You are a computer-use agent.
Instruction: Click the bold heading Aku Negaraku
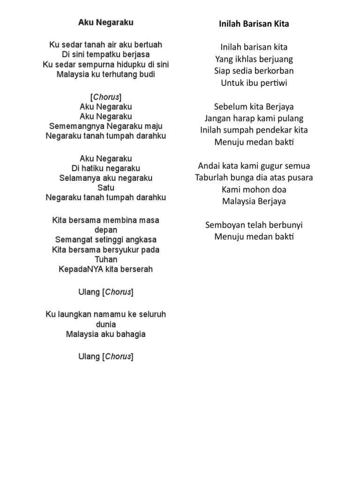105,22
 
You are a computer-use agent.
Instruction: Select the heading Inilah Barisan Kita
254,24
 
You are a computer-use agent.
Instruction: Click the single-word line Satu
105,188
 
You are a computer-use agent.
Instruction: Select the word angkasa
140,240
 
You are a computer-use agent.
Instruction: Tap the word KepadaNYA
76,270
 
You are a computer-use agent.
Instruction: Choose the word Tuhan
106,259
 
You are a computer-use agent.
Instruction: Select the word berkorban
273,71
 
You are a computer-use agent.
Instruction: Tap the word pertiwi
272,83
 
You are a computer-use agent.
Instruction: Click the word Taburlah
212,178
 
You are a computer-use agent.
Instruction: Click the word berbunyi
285,225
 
